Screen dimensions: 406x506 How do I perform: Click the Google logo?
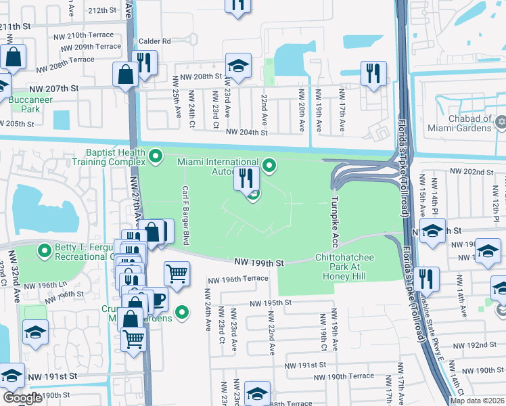pyautogui.click(x=22, y=398)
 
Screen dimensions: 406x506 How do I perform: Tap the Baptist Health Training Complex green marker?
pyautogui.click(x=156, y=158)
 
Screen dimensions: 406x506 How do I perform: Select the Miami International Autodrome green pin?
pyautogui.click(x=269, y=164)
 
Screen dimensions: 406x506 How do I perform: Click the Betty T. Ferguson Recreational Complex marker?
pyautogui.click(x=45, y=251)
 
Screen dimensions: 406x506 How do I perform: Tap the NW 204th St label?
pyautogui.click(x=247, y=133)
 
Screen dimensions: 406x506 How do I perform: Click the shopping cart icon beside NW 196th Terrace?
pyautogui.click(x=177, y=273)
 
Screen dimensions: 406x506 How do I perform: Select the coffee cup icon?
pyautogui.click(x=156, y=298)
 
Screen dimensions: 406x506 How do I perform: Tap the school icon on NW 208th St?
pyautogui.click(x=238, y=66)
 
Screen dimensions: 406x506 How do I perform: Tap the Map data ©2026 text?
pyautogui.click(x=478, y=401)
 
